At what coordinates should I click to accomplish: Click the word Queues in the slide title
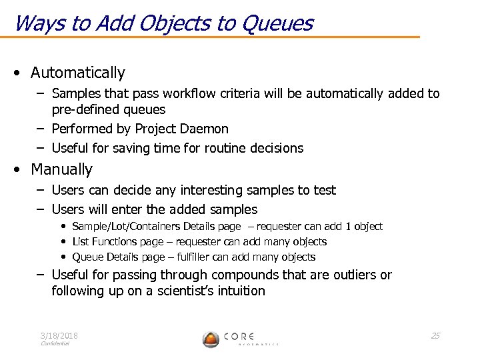[277, 23]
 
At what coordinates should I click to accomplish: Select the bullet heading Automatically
[78, 73]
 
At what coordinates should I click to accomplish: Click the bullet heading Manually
[62, 169]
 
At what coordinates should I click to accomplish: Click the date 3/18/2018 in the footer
[59, 335]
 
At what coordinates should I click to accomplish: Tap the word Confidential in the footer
[55, 344]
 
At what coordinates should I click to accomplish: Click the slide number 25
[435, 335]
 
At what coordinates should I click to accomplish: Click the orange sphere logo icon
[211, 339]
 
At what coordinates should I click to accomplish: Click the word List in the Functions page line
[80, 242]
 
